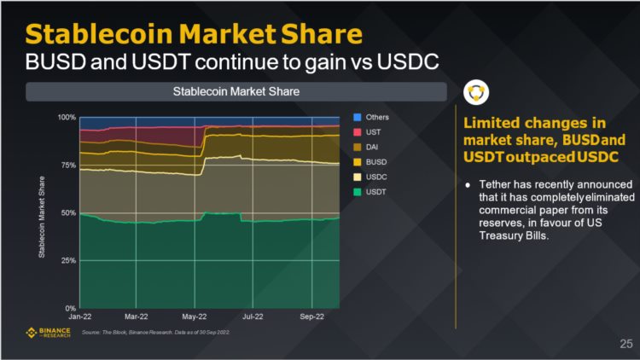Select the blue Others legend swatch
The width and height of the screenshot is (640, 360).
pyautogui.click(x=358, y=117)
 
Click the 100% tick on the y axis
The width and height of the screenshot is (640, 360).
pyautogui.click(x=67, y=117)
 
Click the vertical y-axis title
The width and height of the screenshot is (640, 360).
pyautogui.click(x=40, y=212)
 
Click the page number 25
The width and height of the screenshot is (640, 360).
pyautogui.click(x=625, y=345)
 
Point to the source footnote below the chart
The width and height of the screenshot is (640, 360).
pyautogui.click(x=158, y=332)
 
